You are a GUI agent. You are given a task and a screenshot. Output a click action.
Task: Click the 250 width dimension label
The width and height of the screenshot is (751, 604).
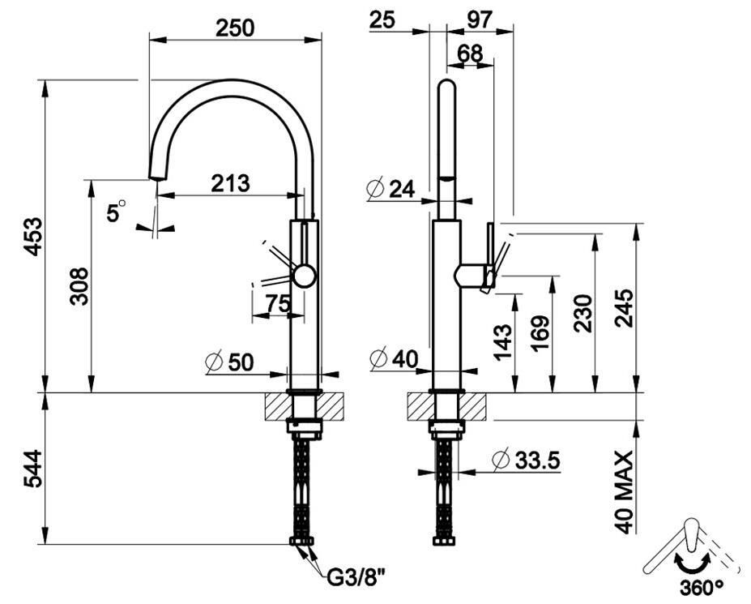235,28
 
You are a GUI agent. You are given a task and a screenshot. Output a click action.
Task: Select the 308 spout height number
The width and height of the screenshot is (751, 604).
79,286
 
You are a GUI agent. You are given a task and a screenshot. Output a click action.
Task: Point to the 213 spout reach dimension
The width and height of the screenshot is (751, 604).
230,183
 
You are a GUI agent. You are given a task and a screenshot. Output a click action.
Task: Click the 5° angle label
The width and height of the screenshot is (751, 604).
115,212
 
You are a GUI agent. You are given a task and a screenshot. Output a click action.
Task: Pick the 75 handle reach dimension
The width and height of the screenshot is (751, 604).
278,303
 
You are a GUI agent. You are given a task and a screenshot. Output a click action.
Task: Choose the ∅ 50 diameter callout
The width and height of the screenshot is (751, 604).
229,362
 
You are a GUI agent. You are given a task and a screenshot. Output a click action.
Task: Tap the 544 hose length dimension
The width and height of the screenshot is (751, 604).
33,469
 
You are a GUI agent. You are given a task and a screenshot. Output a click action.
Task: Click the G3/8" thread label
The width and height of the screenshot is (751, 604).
356,578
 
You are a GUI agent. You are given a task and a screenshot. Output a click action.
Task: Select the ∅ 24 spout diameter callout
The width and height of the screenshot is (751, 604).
390,188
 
